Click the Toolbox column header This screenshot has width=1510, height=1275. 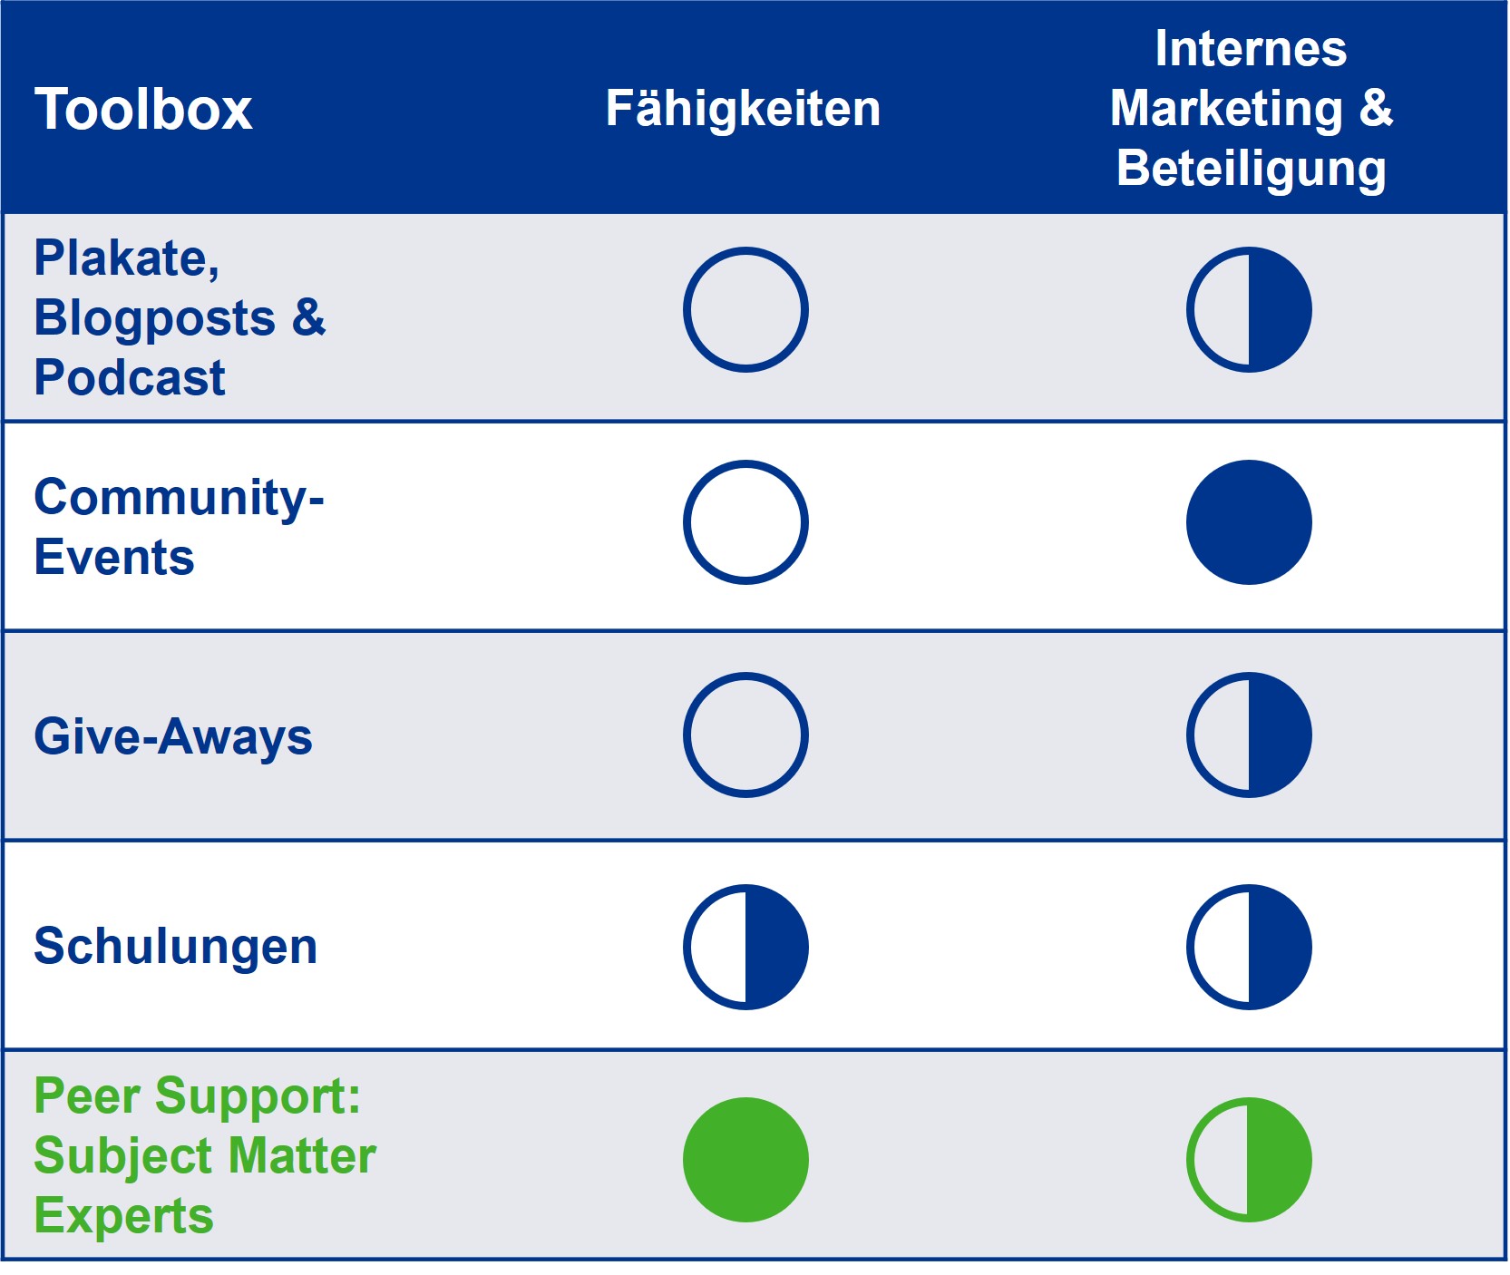tap(143, 110)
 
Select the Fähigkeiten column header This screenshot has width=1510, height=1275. tap(743, 109)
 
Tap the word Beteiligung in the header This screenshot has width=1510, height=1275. tap(1252, 170)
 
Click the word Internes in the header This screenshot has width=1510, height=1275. tap(1251, 48)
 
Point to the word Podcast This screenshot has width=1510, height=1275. tap(130, 377)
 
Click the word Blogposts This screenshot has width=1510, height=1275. tap(155, 318)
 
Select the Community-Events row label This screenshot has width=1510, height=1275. tap(179, 527)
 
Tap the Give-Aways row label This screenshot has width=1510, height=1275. tap(173, 736)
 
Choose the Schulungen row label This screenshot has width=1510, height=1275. tap(176, 947)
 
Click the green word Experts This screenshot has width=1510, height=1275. tap(124, 1215)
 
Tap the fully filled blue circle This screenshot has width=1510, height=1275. tap(1249, 522)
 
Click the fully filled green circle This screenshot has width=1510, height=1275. tap(745, 1160)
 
